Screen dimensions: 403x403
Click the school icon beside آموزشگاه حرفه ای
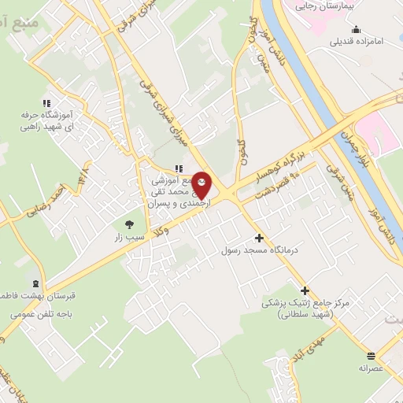pyautogui.click(x=46, y=102)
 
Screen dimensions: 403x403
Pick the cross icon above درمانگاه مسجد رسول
pyautogui.click(x=259, y=238)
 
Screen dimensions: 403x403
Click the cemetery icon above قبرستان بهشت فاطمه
pyautogui.click(x=35, y=283)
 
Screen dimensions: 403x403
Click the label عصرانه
pyautogui.click(x=369, y=368)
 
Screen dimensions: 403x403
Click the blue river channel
pyautogui.click(x=315, y=79)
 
